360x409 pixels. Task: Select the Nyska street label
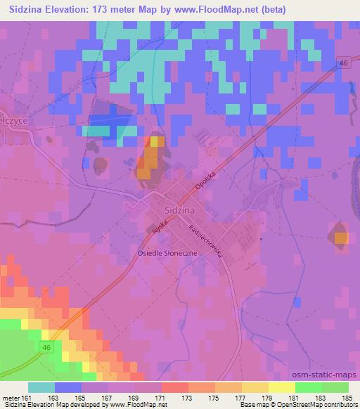159,224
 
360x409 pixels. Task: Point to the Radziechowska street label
205,241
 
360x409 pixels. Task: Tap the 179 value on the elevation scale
266,398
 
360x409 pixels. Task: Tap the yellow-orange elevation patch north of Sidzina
150,151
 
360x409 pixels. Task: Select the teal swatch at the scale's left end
41,387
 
